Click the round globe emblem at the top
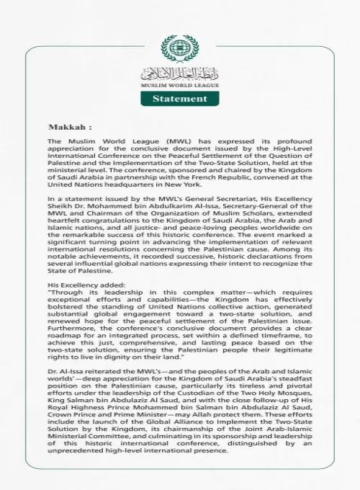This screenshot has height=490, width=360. pyautogui.click(x=179, y=49)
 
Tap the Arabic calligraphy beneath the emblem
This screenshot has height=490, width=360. pyautogui.click(x=179, y=73)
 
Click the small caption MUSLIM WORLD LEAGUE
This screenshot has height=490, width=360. pyautogui.click(x=179, y=86)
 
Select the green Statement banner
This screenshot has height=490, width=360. pyautogui.click(x=179, y=98)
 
